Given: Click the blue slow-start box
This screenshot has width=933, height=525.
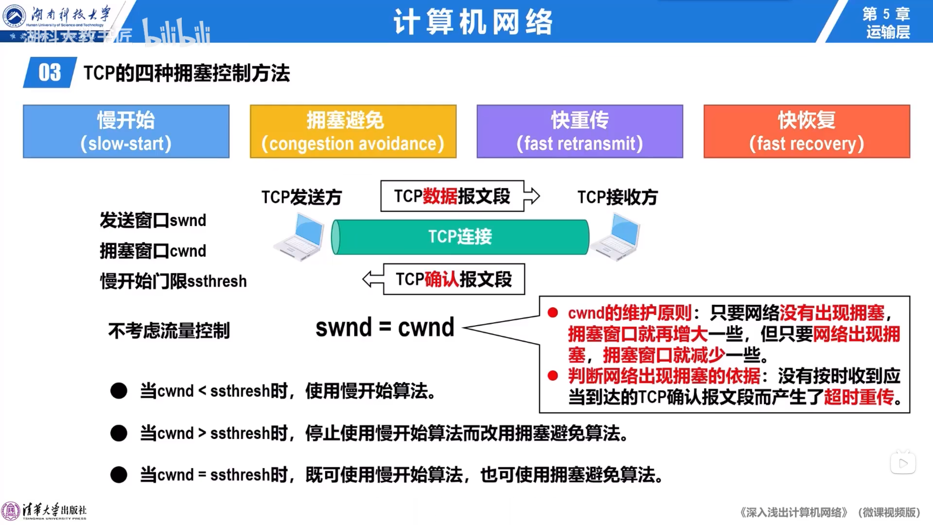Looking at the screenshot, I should coord(126,131).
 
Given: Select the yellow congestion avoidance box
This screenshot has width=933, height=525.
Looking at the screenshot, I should coord(353,131).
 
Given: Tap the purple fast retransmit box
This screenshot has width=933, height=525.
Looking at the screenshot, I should coord(579,131).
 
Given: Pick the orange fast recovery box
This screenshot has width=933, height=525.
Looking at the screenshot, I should coord(807,131).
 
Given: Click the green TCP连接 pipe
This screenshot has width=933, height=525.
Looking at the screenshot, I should coord(460,237).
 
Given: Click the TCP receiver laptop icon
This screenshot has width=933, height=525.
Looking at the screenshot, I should coord(616,237).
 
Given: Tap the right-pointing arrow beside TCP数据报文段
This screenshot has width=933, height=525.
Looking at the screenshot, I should coord(532,196).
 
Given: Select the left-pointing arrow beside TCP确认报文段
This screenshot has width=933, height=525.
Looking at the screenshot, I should coord(373,279).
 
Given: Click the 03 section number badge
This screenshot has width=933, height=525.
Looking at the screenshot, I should coord(50,72).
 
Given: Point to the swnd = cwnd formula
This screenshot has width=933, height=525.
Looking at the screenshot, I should coord(385,327).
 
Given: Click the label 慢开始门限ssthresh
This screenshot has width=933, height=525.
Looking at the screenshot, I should coord(173,281).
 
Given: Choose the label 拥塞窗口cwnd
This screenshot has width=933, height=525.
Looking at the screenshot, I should coord(153,251).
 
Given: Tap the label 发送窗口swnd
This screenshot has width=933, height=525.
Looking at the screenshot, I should coord(153,220).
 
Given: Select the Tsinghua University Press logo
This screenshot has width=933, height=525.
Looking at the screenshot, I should coord(44,511).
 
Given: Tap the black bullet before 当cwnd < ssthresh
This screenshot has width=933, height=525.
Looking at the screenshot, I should coord(119,391).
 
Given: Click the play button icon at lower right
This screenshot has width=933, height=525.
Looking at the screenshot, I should coord(903,463).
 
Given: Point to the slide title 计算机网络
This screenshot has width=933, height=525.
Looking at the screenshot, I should coord(473,22).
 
